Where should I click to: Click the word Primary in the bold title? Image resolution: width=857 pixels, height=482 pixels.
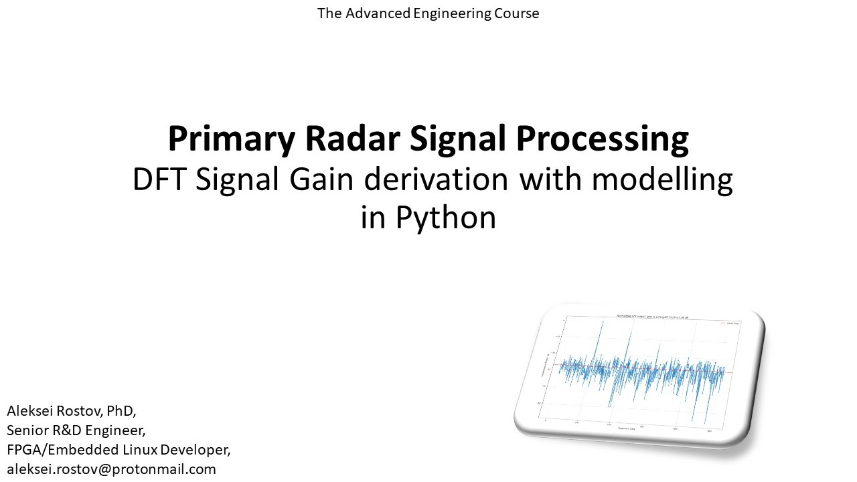tap(231, 139)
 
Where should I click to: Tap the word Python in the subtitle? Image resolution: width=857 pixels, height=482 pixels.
tap(445, 218)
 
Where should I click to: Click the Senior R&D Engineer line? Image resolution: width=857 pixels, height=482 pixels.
tap(76, 430)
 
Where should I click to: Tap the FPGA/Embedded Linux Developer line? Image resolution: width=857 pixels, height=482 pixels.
tap(119, 449)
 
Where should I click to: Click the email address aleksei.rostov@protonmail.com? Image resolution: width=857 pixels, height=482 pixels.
tap(111, 469)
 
